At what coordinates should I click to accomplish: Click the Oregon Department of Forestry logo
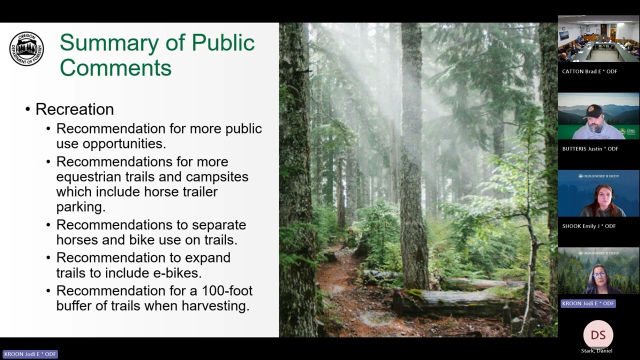[x=26, y=48]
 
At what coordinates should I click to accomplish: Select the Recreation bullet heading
[x=74, y=109]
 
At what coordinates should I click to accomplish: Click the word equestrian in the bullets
[x=88, y=177]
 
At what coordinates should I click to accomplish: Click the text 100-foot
[x=227, y=290]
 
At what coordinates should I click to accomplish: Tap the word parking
[x=80, y=206]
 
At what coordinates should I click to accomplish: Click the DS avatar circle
[x=598, y=335]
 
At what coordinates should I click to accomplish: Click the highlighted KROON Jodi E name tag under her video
[x=587, y=303]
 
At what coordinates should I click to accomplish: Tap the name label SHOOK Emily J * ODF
[x=588, y=226]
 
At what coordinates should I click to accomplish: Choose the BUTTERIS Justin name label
[x=590, y=148]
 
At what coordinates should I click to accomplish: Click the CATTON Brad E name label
[x=589, y=71]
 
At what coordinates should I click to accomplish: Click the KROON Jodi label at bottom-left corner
[x=30, y=354]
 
